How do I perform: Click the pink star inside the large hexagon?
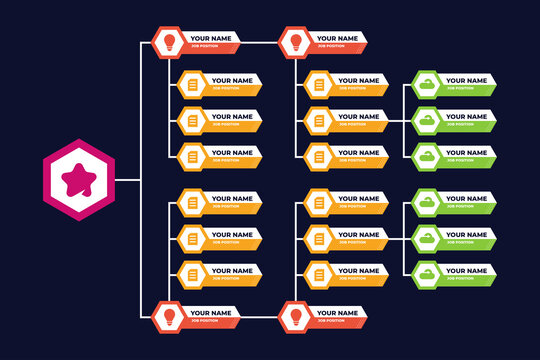click(x=78, y=180)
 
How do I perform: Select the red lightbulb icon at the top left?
click(x=168, y=42)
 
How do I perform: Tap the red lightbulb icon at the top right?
click(x=295, y=42)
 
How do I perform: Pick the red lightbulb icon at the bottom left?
click(x=168, y=316)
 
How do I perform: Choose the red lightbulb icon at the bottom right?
click(x=295, y=316)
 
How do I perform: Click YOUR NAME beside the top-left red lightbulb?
click(x=211, y=38)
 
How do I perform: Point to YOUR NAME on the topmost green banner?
click(x=465, y=80)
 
